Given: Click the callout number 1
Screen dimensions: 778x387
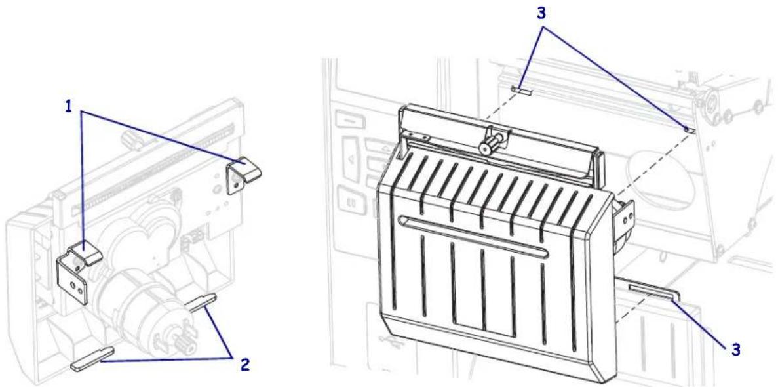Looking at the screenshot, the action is pyautogui.click(x=69, y=106).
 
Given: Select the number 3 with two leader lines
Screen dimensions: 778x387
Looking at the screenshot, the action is pyautogui.click(x=541, y=13).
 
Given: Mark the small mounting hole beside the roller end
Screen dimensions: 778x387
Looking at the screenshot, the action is pyautogui.click(x=688, y=130).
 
